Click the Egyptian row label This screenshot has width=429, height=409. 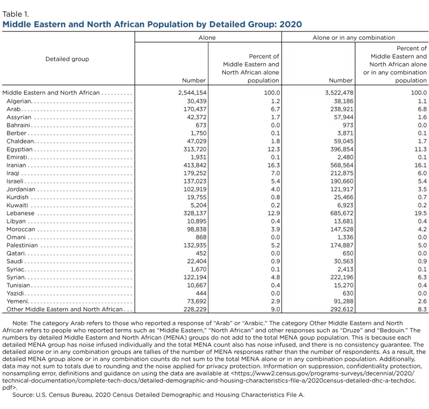pos(20,149)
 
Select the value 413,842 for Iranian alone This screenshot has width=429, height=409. pos(195,165)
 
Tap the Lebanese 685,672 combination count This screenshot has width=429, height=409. pos(342,213)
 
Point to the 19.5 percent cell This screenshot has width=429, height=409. pos(420,213)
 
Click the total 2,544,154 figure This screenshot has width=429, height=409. pos(192,93)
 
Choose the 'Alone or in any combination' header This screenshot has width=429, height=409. pos(354,38)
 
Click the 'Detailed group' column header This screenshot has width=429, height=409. pos(67,59)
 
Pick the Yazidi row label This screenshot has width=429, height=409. pos(15,293)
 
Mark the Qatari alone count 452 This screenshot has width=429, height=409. pos(201,253)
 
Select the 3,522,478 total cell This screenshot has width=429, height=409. pos(339,93)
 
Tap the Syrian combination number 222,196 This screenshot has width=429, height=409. pos(342,277)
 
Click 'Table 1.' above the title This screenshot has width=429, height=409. pos(16,14)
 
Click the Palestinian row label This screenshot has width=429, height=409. pos(22,245)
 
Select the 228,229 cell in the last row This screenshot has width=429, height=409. pos(195,309)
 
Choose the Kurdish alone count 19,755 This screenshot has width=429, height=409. pos(197,197)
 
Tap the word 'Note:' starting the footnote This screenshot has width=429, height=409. pos(20,323)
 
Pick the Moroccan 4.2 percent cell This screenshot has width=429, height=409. pos(422,229)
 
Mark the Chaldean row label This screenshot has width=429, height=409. pos(20,141)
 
